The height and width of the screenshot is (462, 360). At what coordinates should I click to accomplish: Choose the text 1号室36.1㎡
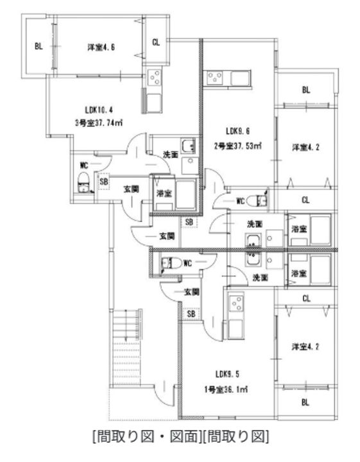(227, 389)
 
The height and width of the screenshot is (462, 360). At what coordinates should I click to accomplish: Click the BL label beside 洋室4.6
(39, 47)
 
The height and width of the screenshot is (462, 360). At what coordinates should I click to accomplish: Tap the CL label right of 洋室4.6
(156, 42)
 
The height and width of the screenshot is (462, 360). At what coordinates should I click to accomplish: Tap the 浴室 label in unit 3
(163, 193)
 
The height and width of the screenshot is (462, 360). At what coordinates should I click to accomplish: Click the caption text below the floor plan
(180, 438)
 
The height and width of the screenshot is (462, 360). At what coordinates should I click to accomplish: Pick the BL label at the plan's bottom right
(305, 403)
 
